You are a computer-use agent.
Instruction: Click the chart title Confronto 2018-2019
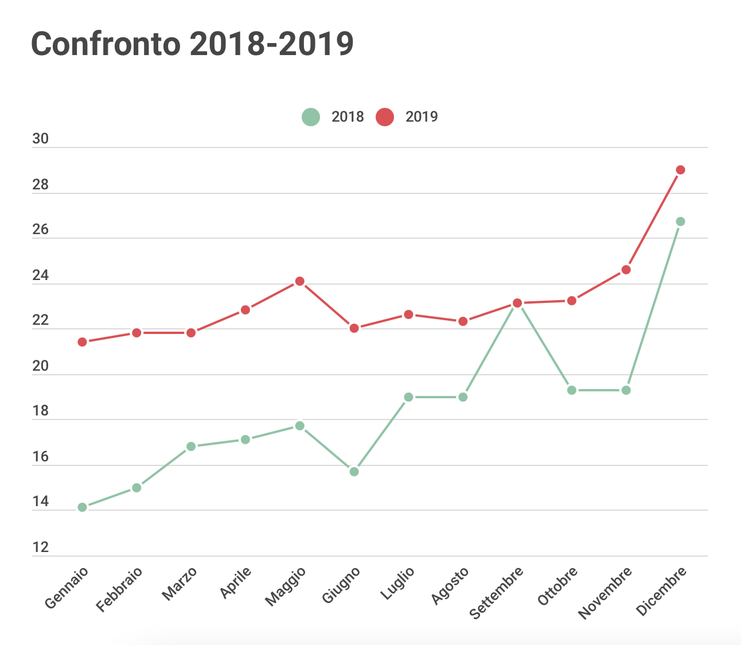(x=192, y=44)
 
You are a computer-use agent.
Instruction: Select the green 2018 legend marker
(x=310, y=117)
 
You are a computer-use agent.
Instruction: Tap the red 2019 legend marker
(x=385, y=117)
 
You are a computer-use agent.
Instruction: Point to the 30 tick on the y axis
(x=41, y=139)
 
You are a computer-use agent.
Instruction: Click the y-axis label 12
(x=41, y=547)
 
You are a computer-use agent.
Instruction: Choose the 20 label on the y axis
(x=41, y=366)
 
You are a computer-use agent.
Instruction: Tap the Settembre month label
(x=497, y=592)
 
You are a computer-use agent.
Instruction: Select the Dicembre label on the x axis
(x=662, y=591)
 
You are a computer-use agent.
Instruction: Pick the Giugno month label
(x=341, y=585)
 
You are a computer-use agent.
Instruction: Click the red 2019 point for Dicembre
(x=680, y=170)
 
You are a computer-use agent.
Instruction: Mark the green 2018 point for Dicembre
(x=680, y=222)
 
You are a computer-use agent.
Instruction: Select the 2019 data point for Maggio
(x=299, y=281)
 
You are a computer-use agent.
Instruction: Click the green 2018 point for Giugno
(x=354, y=472)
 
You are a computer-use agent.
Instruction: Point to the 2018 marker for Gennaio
(x=82, y=507)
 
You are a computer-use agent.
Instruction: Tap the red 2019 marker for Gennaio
(x=82, y=342)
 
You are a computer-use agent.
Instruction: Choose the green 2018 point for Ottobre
(x=571, y=390)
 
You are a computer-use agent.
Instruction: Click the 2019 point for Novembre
(x=626, y=270)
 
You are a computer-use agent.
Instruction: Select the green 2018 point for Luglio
(x=408, y=397)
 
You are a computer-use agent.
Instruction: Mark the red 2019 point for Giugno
(x=354, y=328)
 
